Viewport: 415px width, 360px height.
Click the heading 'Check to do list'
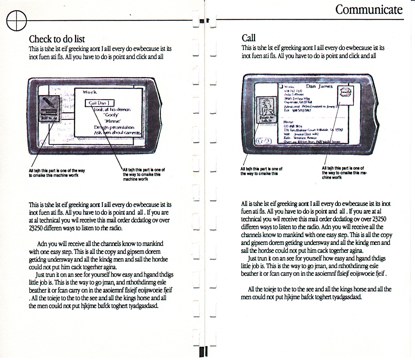point(57,39)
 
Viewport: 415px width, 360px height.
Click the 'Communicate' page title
point(369,9)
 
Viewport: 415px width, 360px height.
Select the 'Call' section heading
point(249,38)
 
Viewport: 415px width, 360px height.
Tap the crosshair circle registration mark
point(16,20)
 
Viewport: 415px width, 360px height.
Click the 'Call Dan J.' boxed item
point(99,103)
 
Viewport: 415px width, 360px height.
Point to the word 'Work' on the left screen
point(90,92)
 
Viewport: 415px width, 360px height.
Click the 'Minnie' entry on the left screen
point(112,121)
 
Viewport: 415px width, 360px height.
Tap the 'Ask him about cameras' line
point(117,133)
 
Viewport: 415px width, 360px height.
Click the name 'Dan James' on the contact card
point(319,86)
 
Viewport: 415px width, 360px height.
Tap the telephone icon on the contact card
point(345,93)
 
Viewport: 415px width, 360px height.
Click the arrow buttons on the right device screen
point(264,141)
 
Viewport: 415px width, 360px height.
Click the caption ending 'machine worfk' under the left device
point(144,174)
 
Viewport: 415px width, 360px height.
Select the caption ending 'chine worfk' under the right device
point(344,173)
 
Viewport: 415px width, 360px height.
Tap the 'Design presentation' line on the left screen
point(114,127)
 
